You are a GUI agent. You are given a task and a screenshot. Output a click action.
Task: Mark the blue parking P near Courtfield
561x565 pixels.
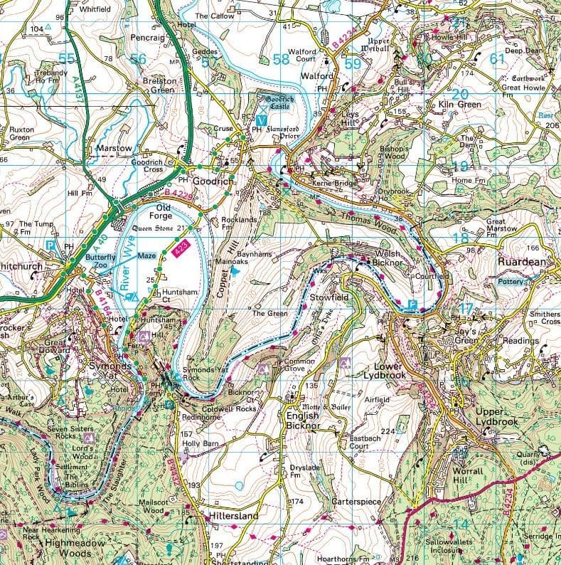[x=414, y=305]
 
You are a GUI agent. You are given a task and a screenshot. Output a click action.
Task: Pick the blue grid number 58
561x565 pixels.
[x=282, y=60]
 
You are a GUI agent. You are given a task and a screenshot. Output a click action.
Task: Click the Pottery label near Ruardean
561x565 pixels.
[x=513, y=282]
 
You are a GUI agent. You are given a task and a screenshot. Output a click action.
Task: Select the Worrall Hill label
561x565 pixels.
[x=468, y=475]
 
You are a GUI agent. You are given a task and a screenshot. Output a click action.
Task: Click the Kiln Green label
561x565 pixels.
[x=459, y=105]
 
